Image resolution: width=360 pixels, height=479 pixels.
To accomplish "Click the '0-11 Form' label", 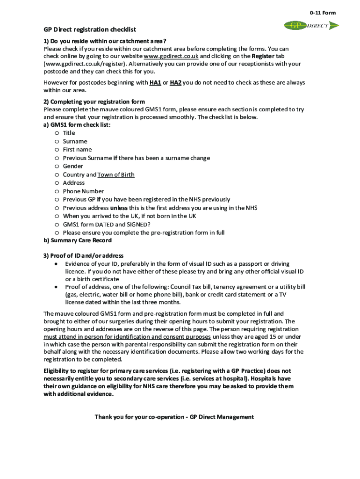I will click(x=323, y=13).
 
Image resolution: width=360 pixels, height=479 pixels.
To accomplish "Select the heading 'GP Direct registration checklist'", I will click(x=90, y=29).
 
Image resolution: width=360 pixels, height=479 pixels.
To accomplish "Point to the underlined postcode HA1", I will click(x=155, y=82).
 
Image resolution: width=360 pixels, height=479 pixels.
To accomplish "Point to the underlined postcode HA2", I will click(x=175, y=82).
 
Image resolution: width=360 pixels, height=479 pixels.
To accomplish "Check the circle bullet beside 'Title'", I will click(x=56, y=133).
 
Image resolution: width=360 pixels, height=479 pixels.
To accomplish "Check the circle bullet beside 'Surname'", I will click(x=56, y=141).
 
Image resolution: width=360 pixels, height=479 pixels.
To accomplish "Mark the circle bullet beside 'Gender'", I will click(x=56, y=166).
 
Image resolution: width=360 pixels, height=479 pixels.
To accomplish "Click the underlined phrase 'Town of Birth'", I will click(x=116, y=174).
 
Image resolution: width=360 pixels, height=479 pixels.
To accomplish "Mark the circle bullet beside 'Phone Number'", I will click(x=56, y=191).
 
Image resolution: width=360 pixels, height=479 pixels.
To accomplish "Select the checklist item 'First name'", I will click(x=77, y=150).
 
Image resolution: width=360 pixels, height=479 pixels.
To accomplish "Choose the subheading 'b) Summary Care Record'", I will click(x=78, y=240).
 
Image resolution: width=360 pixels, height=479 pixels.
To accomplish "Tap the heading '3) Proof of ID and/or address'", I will click(x=84, y=255).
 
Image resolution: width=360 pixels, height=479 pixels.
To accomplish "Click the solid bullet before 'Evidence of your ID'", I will click(x=56, y=264).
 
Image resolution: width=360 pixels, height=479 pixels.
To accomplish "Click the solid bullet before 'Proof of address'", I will click(x=56, y=287).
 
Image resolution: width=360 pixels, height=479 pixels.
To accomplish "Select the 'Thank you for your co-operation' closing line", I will click(x=174, y=417).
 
